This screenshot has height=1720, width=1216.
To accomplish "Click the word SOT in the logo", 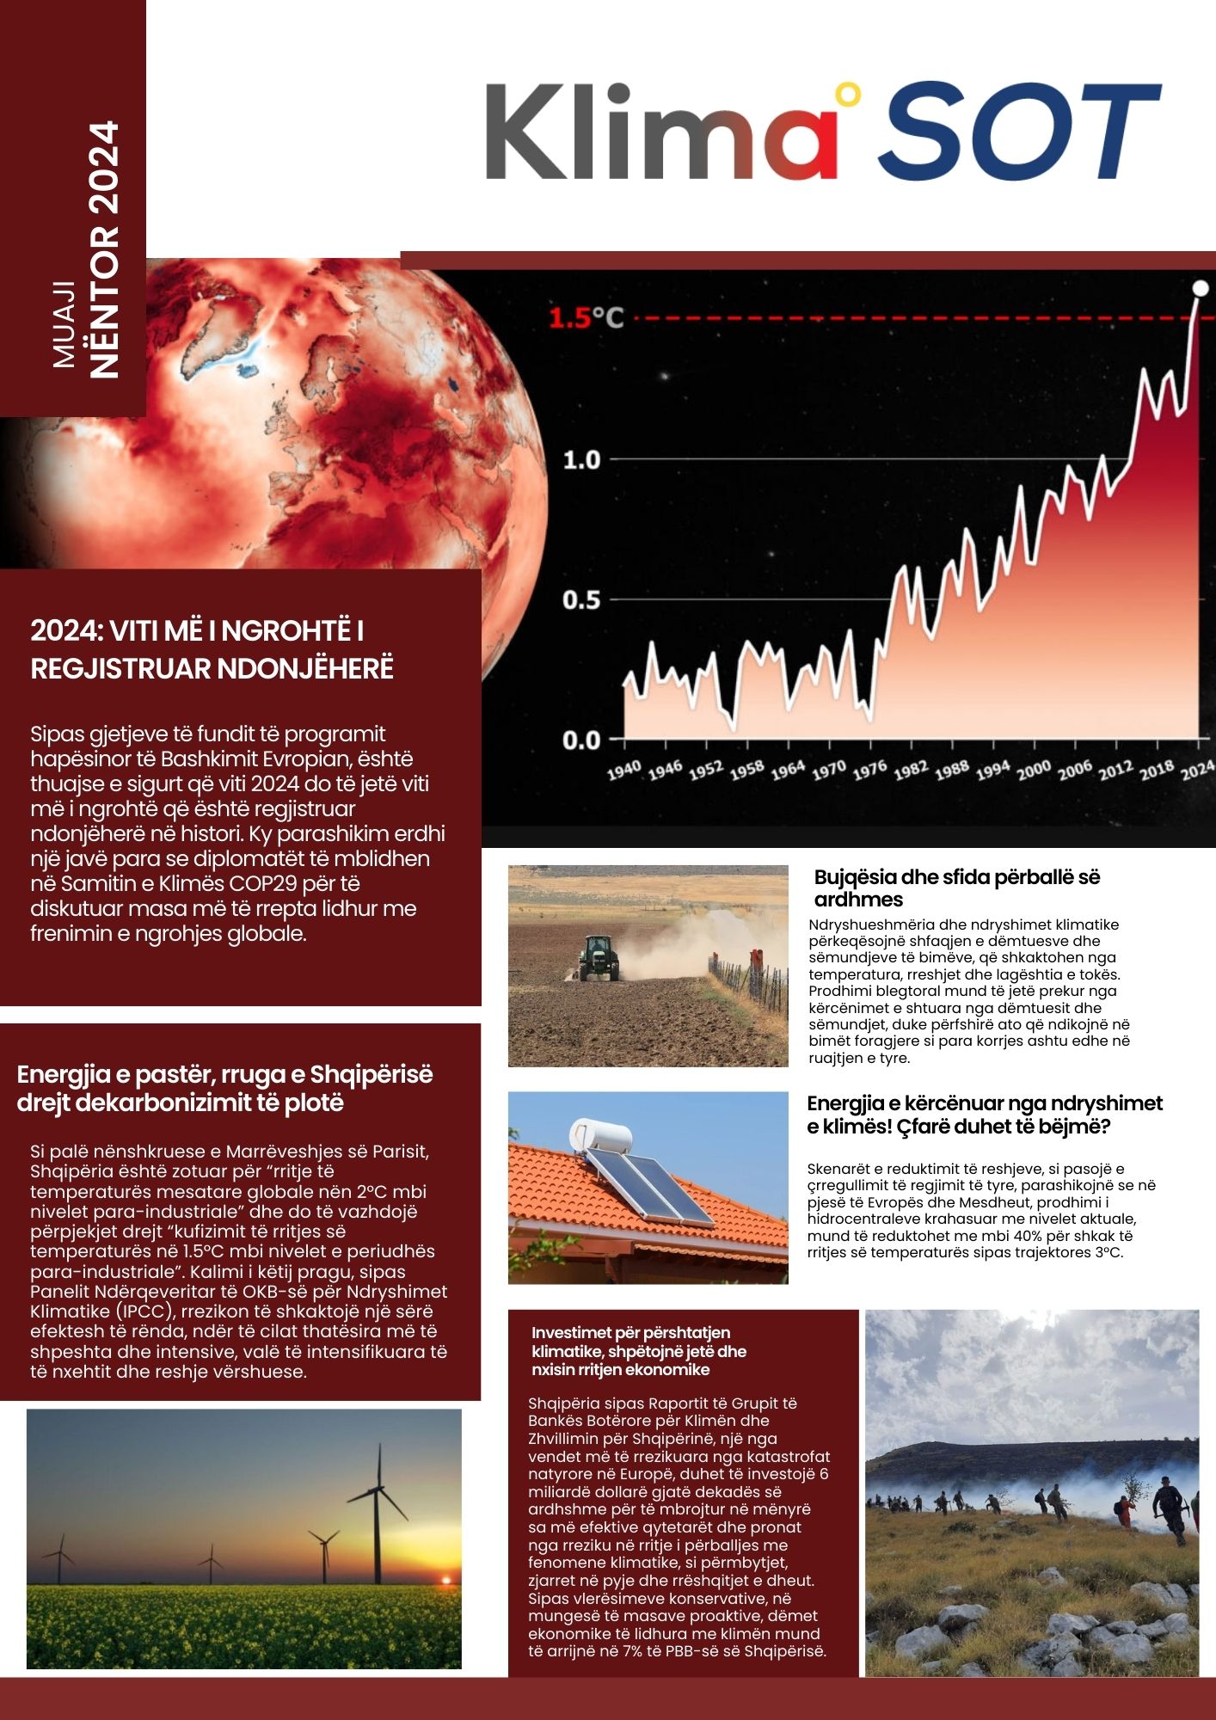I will pyautogui.click(x=1018, y=131).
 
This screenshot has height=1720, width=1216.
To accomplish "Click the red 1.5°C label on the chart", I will pyautogui.click(x=586, y=318).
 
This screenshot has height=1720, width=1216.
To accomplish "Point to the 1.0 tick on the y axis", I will pyautogui.click(x=581, y=460).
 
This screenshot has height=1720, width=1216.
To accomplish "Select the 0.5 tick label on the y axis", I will pyautogui.click(x=581, y=600).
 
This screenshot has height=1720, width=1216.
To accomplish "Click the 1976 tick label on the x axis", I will pyautogui.click(x=869, y=770).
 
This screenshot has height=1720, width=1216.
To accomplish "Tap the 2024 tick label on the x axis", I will pyautogui.click(x=1196, y=770).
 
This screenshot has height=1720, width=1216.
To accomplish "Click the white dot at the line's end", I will pyautogui.click(x=1201, y=288).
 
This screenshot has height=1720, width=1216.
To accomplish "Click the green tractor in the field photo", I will pyautogui.click(x=598, y=958).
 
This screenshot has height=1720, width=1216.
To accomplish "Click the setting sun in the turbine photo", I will pyautogui.click(x=445, y=1578).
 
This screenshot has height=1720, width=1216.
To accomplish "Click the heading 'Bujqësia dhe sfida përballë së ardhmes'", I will pyautogui.click(x=956, y=888).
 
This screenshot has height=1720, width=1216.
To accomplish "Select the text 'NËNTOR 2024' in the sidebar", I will pyautogui.click(x=104, y=249).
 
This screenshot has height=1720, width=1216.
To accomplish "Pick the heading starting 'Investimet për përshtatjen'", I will pyautogui.click(x=638, y=1351).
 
